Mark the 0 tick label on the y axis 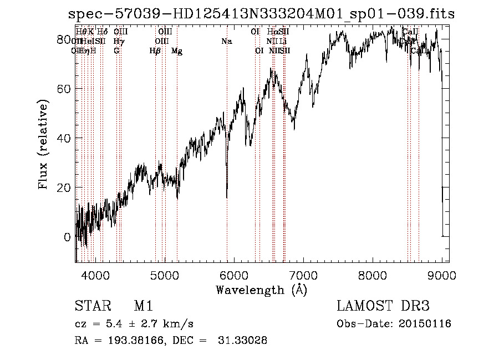(x=67, y=237)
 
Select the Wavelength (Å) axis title (x=261, y=290)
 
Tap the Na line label (x=226, y=42)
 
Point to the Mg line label (x=177, y=51)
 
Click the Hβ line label (x=155, y=51)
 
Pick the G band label (x=116, y=51)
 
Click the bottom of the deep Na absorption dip (x=227, y=196)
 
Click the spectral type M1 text (x=143, y=306)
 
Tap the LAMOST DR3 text (x=383, y=306)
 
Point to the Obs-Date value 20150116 (x=427, y=324)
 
